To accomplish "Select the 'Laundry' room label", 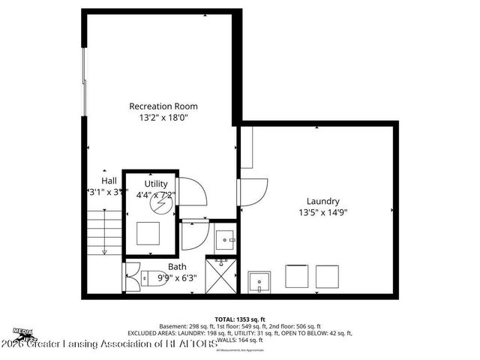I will (x=322, y=201).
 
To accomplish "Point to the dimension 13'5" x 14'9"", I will (x=322, y=212).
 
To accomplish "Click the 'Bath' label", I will (x=177, y=266).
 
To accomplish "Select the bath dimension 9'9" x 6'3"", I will (x=177, y=277).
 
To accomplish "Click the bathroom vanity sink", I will (x=225, y=239).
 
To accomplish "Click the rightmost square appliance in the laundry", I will (x=328, y=276).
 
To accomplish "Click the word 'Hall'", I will (x=109, y=181).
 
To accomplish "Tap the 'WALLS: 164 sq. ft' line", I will (x=240, y=340).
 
